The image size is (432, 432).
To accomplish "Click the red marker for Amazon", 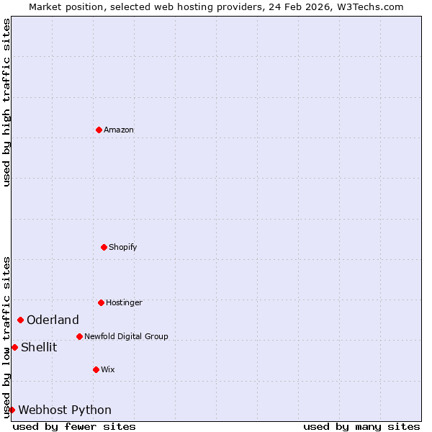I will pyautogui.click(x=99, y=130).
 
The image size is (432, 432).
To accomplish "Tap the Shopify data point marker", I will pyautogui.click(x=104, y=247).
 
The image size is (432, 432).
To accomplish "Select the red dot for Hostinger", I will pyautogui.click(x=101, y=302).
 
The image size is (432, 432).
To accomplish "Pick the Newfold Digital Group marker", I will pyautogui.click(x=79, y=336).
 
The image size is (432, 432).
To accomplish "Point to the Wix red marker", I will pyautogui.click(x=96, y=369).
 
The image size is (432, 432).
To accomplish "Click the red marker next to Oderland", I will pyautogui.click(x=20, y=320).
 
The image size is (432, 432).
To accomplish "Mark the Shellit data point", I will pyautogui.click(x=14, y=347).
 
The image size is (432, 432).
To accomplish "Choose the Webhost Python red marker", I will pyautogui.click(x=12, y=410).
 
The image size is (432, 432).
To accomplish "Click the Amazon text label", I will pyautogui.click(x=119, y=130).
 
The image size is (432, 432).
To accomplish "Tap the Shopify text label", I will pyautogui.click(x=123, y=248).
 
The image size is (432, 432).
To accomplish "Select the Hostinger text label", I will pyautogui.click(x=124, y=303).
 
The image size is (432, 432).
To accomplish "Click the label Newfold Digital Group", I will pyautogui.click(x=126, y=337).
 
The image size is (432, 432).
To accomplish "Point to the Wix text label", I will pyautogui.click(x=108, y=370).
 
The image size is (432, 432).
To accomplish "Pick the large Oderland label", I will pyautogui.click(x=53, y=320).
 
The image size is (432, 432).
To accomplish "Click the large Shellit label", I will pyautogui.click(x=39, y=348).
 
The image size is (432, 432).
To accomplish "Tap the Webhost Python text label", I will pyautogui.click(x=65, y=410).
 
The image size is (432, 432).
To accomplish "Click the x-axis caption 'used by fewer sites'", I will pyautogui.click(x=74, y=426).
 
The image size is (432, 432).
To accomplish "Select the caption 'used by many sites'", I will pyautogui.click(x=361, y=426).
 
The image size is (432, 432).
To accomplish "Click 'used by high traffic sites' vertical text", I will pyautogui.click(x=6, y=102).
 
